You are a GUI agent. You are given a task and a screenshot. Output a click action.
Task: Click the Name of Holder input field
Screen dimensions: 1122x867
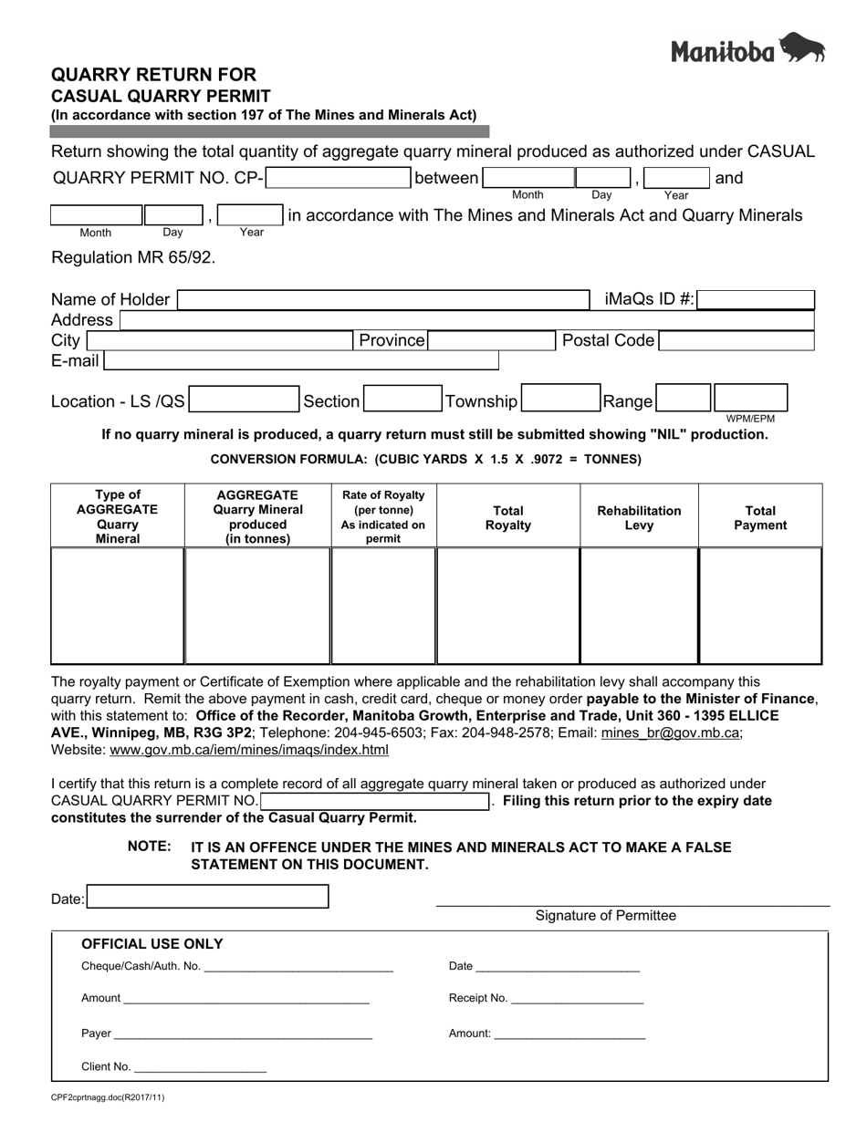(383, 300)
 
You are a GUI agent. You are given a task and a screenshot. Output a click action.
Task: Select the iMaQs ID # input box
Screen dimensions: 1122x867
(756, 300)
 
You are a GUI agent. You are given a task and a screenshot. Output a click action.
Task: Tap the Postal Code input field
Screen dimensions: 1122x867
(736, 341)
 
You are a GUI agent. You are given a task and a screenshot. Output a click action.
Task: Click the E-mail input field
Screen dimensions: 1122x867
(301, 361)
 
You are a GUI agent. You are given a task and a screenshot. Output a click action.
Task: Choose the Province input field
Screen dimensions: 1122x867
(491, 341)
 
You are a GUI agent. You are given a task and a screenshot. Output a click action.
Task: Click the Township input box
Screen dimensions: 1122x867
(559, 400)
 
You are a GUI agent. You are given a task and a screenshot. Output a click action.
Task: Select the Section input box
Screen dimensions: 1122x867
(402, 400)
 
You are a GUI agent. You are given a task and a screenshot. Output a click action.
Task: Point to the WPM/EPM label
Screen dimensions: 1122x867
(750, 419)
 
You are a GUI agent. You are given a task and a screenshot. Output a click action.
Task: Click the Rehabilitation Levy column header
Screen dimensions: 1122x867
(639, 517)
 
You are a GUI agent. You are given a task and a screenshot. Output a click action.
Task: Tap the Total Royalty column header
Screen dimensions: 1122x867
(508, 517)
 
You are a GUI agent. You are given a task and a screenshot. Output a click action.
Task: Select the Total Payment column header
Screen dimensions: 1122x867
(760, 517)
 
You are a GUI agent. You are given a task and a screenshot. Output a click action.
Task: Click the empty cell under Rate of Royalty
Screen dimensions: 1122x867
(383, 606)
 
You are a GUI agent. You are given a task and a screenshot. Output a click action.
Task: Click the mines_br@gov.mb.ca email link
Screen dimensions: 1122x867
(671, 732)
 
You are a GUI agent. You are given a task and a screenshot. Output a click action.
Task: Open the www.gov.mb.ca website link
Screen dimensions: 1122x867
(248, 751)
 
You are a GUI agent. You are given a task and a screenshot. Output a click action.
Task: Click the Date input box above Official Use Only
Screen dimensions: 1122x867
(208, 898)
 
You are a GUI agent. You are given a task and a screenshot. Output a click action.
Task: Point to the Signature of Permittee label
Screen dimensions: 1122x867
(606, 916)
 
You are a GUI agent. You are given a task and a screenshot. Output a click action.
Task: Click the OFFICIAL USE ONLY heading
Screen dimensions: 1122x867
(152, 944)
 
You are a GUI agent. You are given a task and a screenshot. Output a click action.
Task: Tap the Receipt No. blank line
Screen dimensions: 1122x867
(577, 999)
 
